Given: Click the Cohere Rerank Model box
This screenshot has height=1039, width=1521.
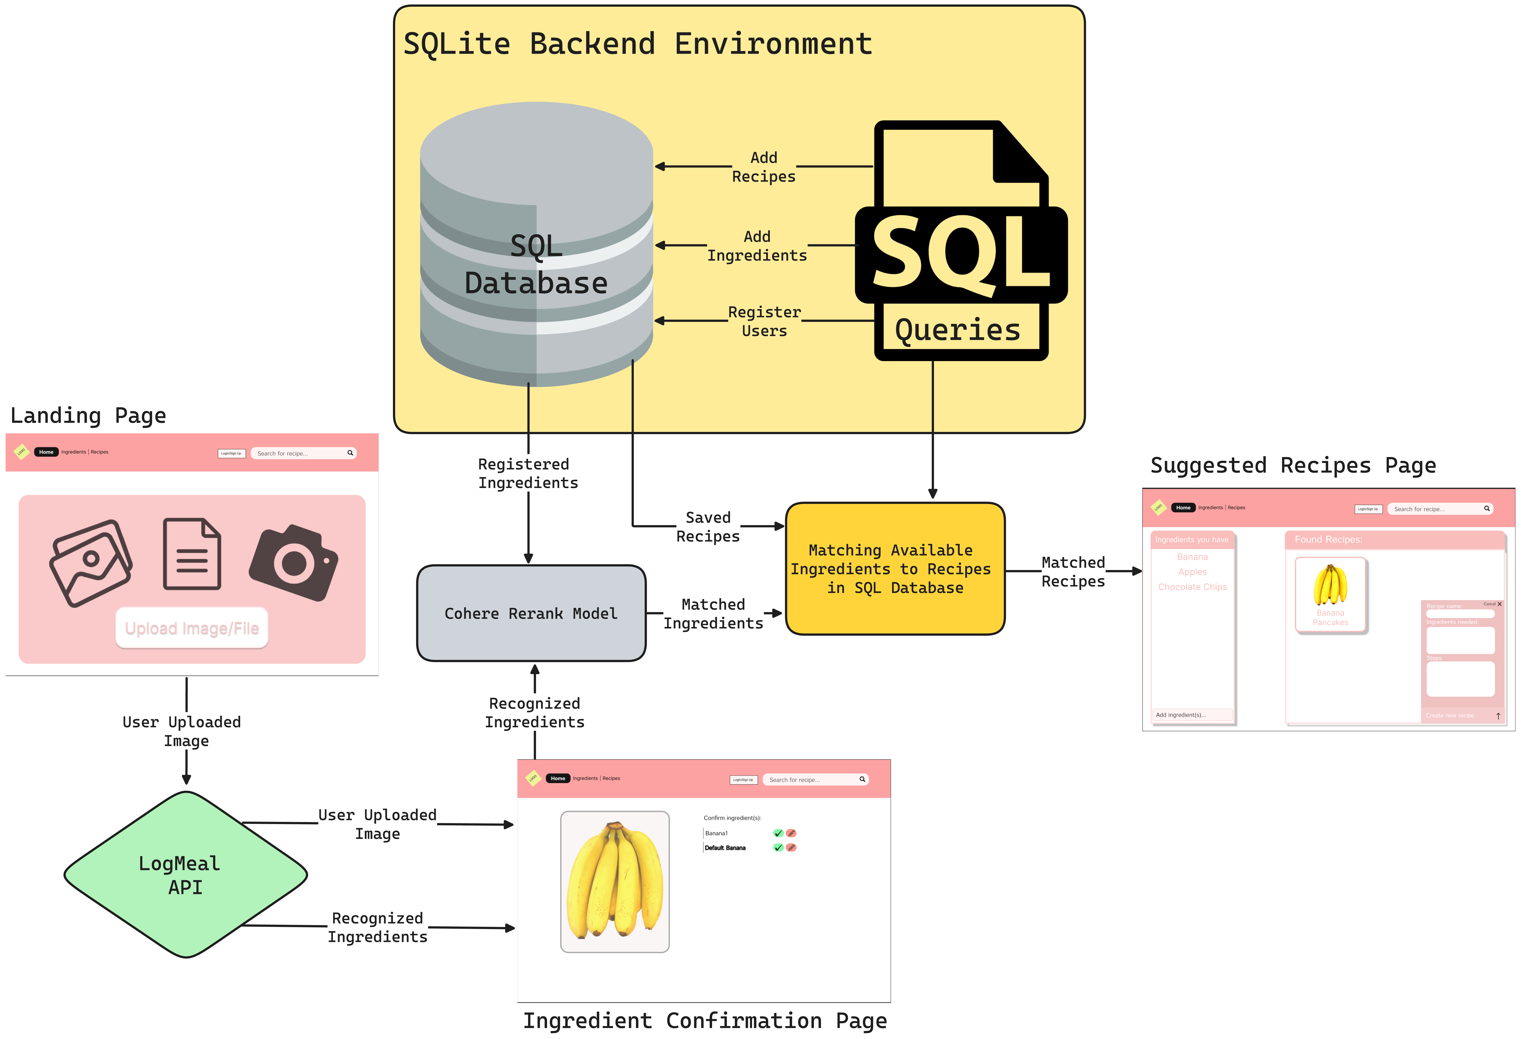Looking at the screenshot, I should pyautogui.click(x=531, y=613).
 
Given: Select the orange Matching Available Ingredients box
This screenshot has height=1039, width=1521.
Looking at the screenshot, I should pyautogui.click(x=895, y=568).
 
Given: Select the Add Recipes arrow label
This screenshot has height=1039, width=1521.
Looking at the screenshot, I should pyautogui.click(x=764, y=167).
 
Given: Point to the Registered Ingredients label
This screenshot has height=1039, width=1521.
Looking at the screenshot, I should pyautogui.click(x=528, y=473).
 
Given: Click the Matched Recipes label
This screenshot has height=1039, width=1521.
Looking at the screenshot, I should pyautogui.click(x=1073, y=572).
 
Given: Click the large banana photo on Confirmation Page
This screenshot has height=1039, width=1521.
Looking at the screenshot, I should pyautogui.click(x=615, y=881).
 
